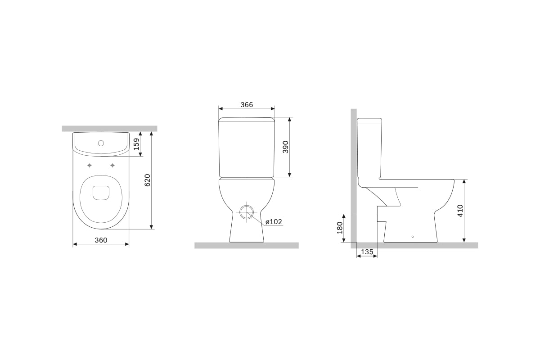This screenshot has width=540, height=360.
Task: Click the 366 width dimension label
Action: (247, 105)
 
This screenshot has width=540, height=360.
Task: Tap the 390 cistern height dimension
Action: (285, 147)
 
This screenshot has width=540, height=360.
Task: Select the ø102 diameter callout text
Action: (274, 222)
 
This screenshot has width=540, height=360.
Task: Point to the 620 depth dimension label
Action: (147, 180)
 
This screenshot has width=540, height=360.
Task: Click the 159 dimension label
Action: (136, 144)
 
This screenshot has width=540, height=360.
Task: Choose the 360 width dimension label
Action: (101, 240)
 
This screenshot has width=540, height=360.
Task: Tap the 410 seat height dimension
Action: (460, 211)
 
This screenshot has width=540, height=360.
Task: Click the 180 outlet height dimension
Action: (340, 228)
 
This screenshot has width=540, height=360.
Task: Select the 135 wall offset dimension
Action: (367, 252)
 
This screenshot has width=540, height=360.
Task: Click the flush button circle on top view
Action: (101, 143)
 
